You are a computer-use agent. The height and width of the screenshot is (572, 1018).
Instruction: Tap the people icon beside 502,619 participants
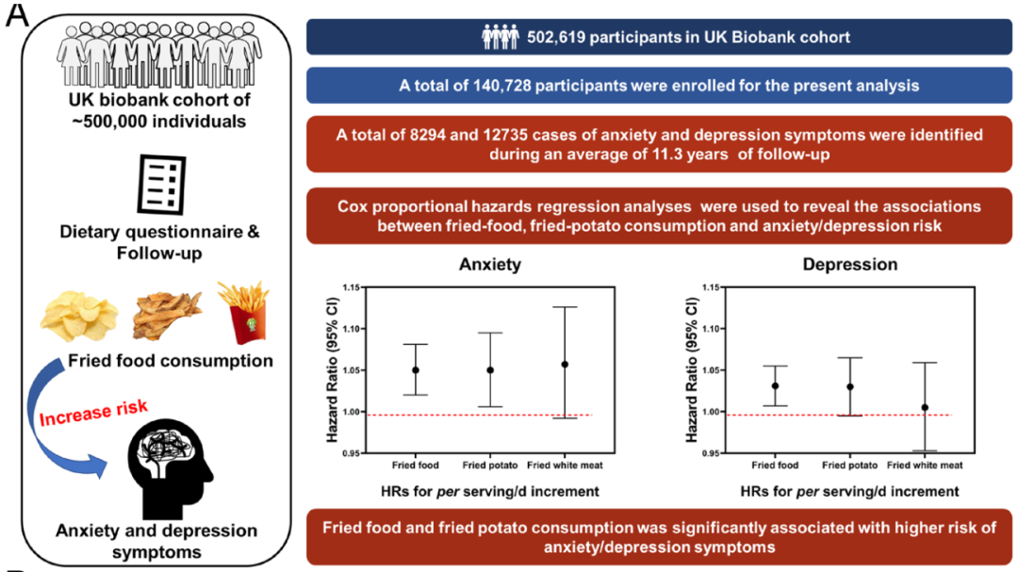(501, 38)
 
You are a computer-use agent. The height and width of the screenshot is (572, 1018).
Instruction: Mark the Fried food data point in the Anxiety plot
(415, 370)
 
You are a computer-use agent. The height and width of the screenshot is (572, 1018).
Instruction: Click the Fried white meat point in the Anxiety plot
(565, 364)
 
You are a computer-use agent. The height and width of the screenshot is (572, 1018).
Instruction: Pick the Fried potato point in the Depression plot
(849, 386)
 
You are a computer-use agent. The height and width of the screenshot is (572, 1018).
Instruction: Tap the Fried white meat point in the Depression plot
(924, 408)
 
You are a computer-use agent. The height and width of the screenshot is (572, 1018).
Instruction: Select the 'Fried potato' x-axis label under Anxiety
(489, 466)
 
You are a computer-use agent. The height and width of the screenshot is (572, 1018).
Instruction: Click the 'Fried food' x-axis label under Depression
(775, 466)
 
